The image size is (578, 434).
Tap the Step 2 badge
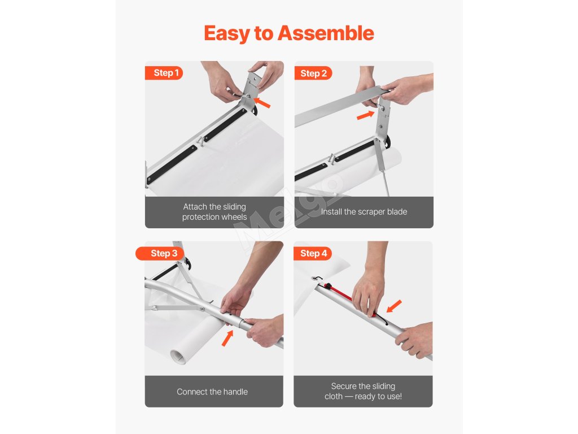coord(313,73)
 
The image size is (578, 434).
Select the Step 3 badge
coord(160,253)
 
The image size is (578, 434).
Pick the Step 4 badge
coord(313,253)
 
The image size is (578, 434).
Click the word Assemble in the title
coord(326,33)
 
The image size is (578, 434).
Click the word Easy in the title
coord(227,33)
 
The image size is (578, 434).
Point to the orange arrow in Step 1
coord(262,102)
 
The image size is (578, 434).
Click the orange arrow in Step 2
coord(366,115)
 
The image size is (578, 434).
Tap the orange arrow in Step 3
coord(227,338)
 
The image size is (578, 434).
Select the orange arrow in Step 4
coord(394,306)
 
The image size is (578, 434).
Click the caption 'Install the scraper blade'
coord(364,212)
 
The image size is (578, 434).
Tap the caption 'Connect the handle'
coord(212,392)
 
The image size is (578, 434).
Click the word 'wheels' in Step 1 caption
coord(234,217)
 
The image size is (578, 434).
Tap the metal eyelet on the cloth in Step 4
coord(314,278)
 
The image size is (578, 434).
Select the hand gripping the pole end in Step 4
coord(415,340)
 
